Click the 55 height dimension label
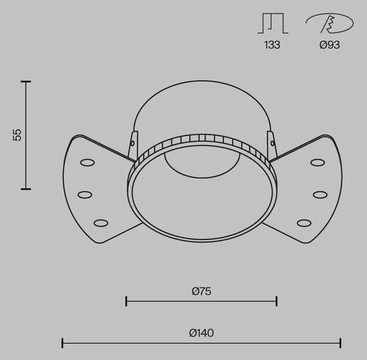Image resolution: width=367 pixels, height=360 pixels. point(17,135)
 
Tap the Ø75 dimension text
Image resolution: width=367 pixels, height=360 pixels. point(201,291)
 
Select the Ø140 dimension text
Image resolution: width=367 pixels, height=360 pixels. point(201,333)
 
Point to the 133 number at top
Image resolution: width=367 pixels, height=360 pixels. point(272,45)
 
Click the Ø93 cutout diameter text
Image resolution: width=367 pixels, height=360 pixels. point(330,45)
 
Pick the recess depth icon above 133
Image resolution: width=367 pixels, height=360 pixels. point(273,23)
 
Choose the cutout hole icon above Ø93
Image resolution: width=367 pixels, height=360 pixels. point(330,23)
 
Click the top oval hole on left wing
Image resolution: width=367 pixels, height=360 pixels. point(87,163)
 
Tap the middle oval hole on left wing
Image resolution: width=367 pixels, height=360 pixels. point(85,194)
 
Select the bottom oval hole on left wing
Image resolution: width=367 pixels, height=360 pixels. point(101,223)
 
